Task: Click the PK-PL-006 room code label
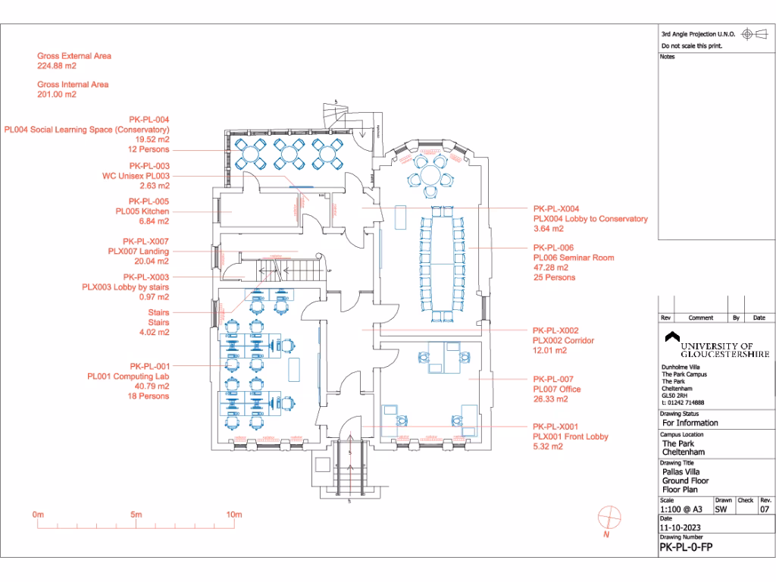click(553, 248)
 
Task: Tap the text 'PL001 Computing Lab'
click(128, 376)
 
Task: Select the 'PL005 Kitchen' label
click(142, 211)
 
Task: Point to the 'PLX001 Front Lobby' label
click(571, 436)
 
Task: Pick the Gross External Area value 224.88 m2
click(57, 66)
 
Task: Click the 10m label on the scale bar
click(234, 515)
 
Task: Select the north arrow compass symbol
click(609, 518)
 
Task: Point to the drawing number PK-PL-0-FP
click(687, 546)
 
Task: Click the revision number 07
click(765, 509)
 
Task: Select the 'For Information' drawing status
click(690, 423)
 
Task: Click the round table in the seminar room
click(431, 176)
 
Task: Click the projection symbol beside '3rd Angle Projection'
click(746, 34)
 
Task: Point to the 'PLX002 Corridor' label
click(563, 341)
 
